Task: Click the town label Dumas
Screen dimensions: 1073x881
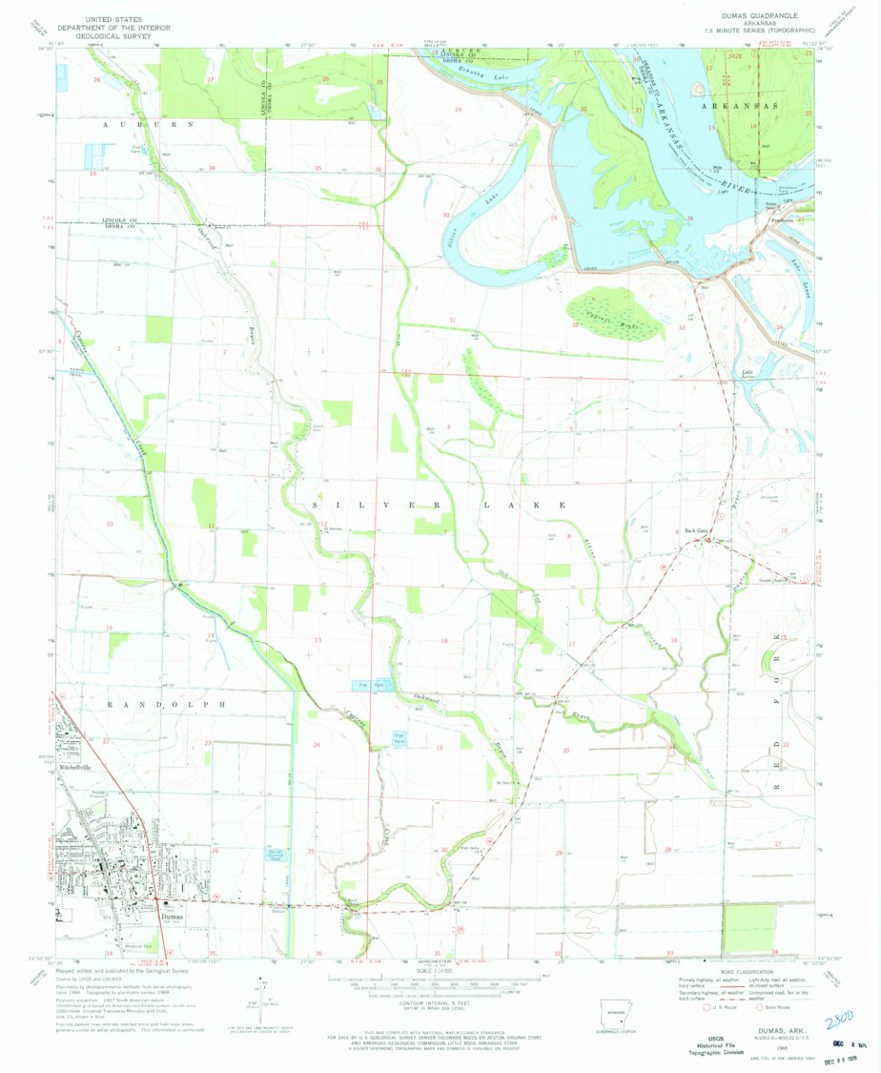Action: coord(171,916)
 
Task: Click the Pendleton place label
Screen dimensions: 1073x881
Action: coord(783,218)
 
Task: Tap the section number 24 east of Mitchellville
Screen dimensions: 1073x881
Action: coord(316,743)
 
